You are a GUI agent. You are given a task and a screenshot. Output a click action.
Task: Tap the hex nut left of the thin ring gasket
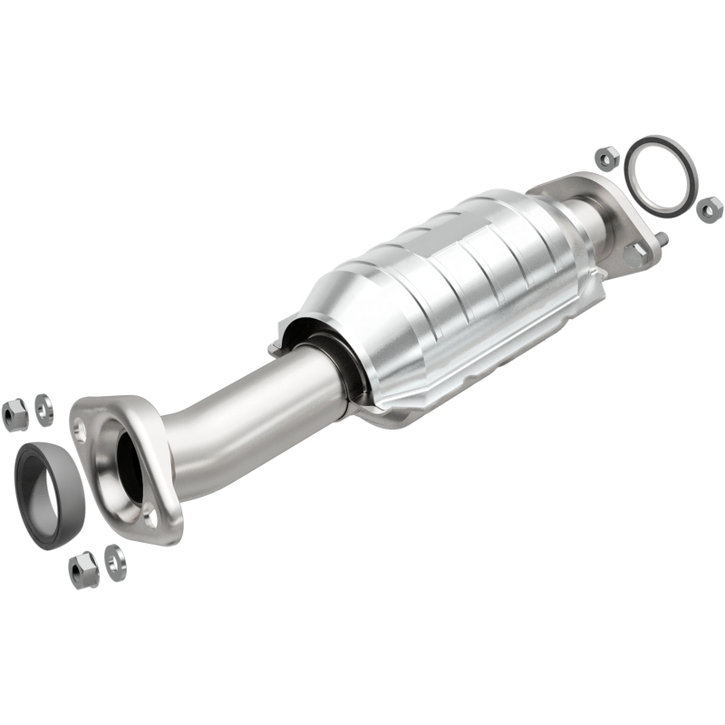pos(606,156)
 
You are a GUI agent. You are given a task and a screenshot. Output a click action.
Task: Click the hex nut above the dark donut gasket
pos(15,414)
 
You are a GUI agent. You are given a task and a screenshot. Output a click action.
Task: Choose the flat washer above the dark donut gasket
pos(43,410)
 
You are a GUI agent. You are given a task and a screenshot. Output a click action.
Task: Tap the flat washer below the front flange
pos(114,563)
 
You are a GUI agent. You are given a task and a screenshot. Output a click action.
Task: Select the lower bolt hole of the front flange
pos(150,517)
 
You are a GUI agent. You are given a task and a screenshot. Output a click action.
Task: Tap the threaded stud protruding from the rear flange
pos(664,239)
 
